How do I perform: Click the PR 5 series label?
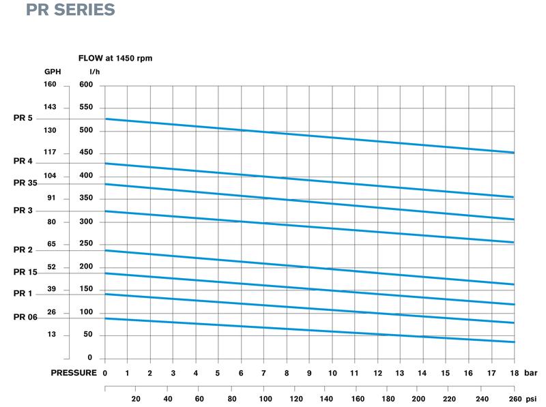23,119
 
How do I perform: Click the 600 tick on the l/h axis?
85,85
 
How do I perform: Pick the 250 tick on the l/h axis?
85,244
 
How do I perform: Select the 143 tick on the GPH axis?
51,107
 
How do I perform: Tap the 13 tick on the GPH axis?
51,335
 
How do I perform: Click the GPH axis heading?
53,72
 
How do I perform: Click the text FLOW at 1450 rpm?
115,59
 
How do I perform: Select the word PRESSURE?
74,374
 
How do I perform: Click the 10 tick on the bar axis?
332,374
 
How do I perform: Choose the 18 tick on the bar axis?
513,374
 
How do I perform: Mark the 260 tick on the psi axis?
515,399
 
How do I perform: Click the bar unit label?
532,374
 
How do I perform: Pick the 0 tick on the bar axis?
105,374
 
